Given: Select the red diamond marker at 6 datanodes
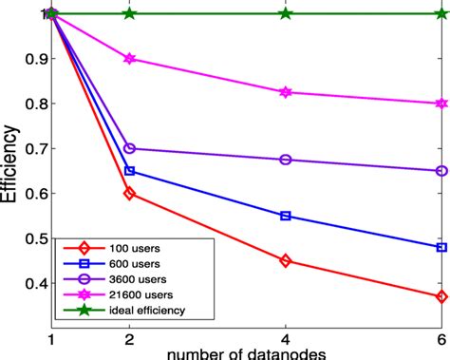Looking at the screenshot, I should [x=441, y=296].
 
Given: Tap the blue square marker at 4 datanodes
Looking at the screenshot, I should [x=285, y=216].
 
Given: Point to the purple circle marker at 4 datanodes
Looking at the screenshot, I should [x=285, y=160].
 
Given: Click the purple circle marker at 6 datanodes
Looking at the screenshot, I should [x=441, y=171].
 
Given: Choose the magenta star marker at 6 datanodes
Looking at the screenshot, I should [x=441, y=104].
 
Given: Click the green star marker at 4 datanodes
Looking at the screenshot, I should [x=285, y=14].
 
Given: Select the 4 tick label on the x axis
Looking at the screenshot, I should [x=285, y=339].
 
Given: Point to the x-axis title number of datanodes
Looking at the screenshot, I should [x=247, y=354].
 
